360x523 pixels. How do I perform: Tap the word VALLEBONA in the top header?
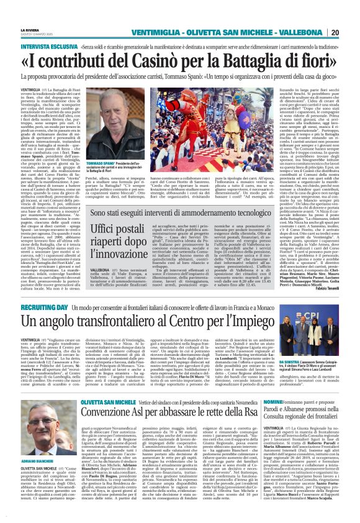[x=300, y=32]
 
